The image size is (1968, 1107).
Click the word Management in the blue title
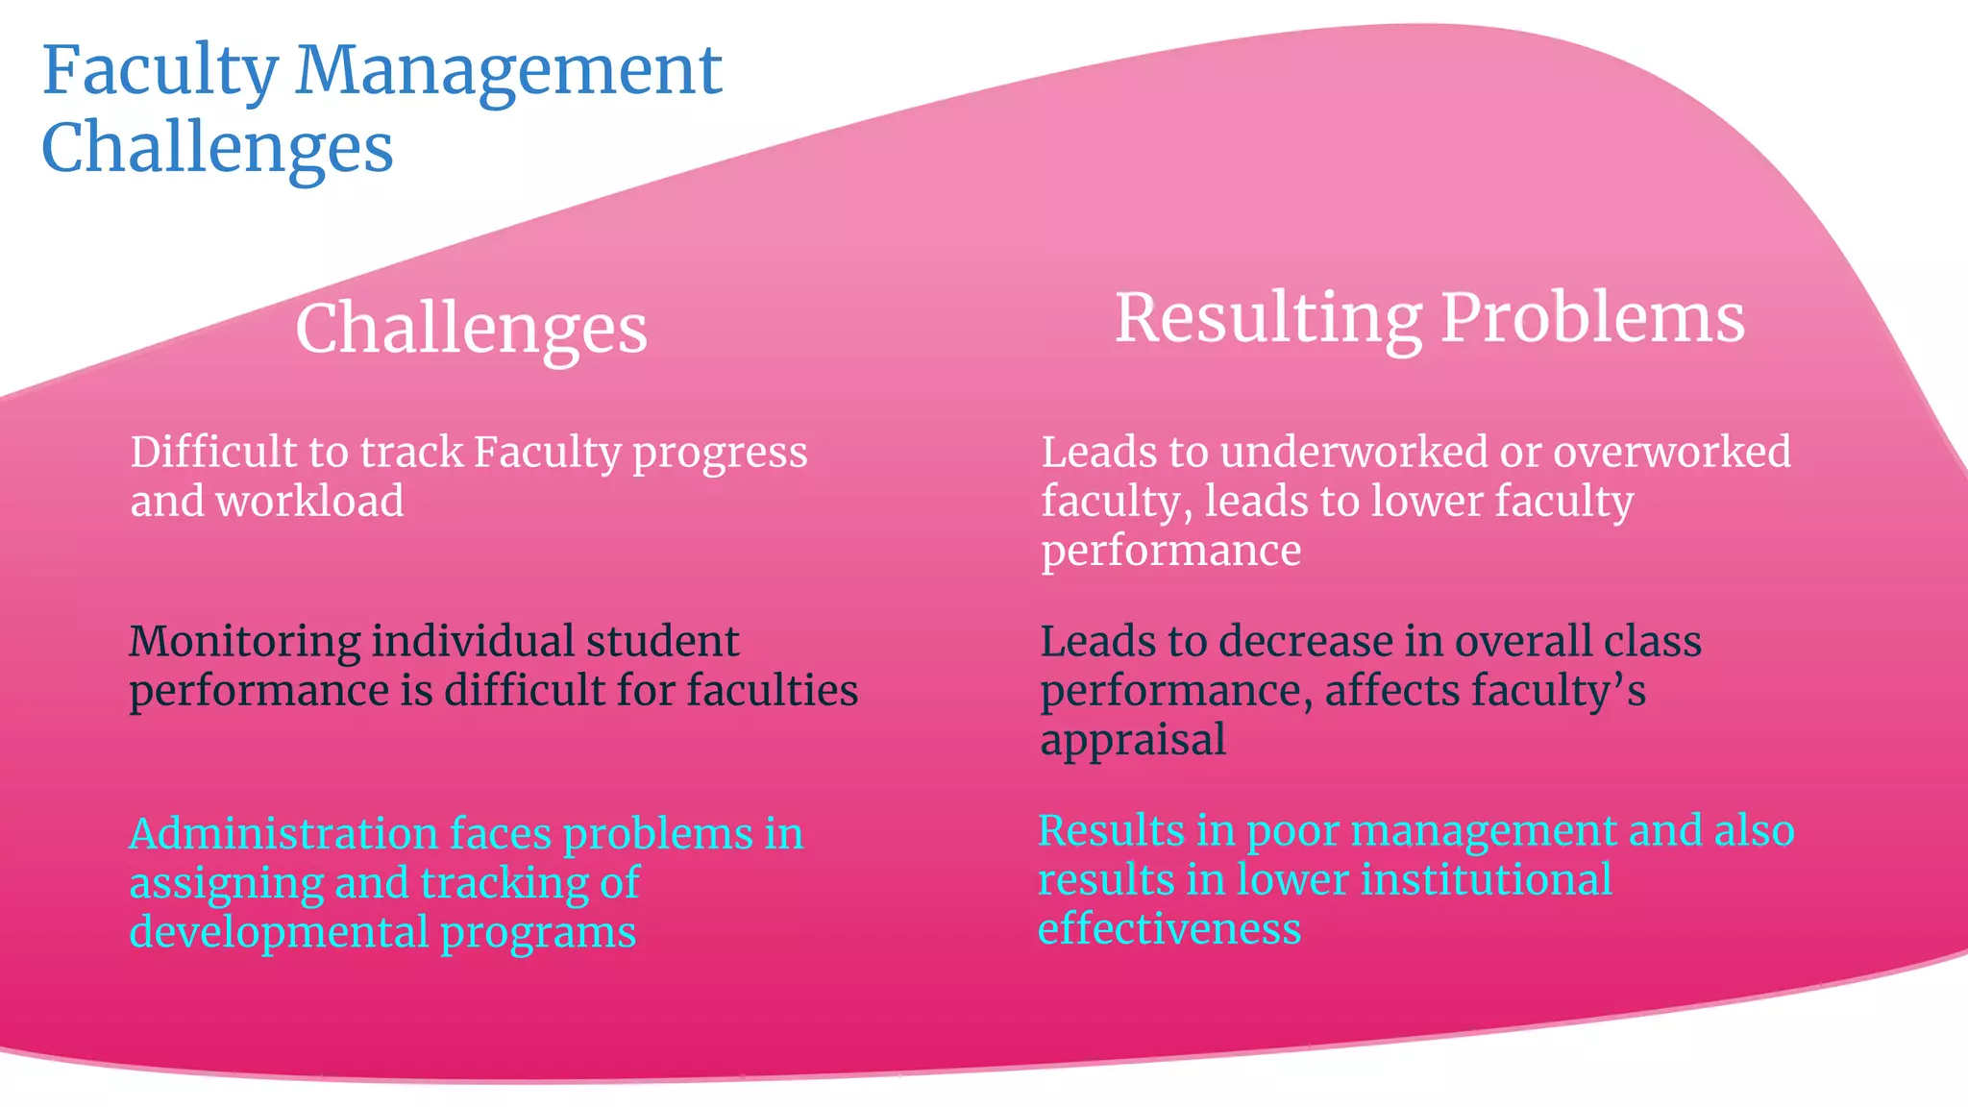[x=508, y=70]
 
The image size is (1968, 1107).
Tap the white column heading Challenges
[x=471, y=329]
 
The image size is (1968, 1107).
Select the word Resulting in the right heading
[x=1267, y=318]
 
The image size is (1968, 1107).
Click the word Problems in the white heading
[x=1592, y=318]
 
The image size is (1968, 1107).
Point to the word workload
[x=309, y=501]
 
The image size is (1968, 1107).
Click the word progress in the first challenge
[x=720, y=453]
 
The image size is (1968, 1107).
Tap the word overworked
[x=1672, y=452]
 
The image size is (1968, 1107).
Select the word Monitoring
[x=244, y=642]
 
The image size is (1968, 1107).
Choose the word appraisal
[x=1133, y=740]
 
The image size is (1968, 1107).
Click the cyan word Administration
[x=283, y=833]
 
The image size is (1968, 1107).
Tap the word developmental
[x=279, y=932]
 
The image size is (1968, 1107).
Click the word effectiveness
[x=1169, y=929]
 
